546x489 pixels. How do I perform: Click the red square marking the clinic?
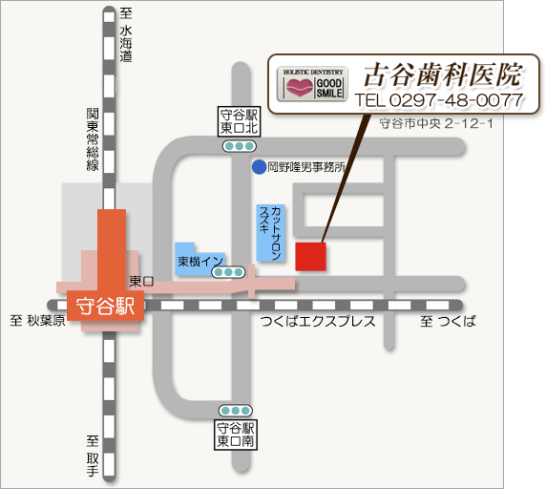click(x=310, y=257)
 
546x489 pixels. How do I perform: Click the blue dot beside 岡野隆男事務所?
click(x=259, y=166)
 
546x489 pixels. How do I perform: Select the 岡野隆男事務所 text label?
click(x=305, y=166)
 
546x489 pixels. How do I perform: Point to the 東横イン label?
click(x=199, y=261)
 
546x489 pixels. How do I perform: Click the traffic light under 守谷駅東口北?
click(x=239, y=146)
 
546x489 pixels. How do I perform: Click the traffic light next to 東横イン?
click(x=228, y=272)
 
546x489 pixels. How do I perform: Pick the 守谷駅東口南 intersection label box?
click(x=235, y=436)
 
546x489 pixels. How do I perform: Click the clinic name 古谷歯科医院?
click(x=443, y=74)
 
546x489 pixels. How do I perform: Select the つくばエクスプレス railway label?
click(x=318, y=322)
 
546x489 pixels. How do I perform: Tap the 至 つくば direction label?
click(x=448, y=322)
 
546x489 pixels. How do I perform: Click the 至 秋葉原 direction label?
click(x=37, y=322)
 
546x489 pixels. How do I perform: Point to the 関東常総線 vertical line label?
click(x=93, y=139)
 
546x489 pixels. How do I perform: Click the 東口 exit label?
click(x=140, y=281)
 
